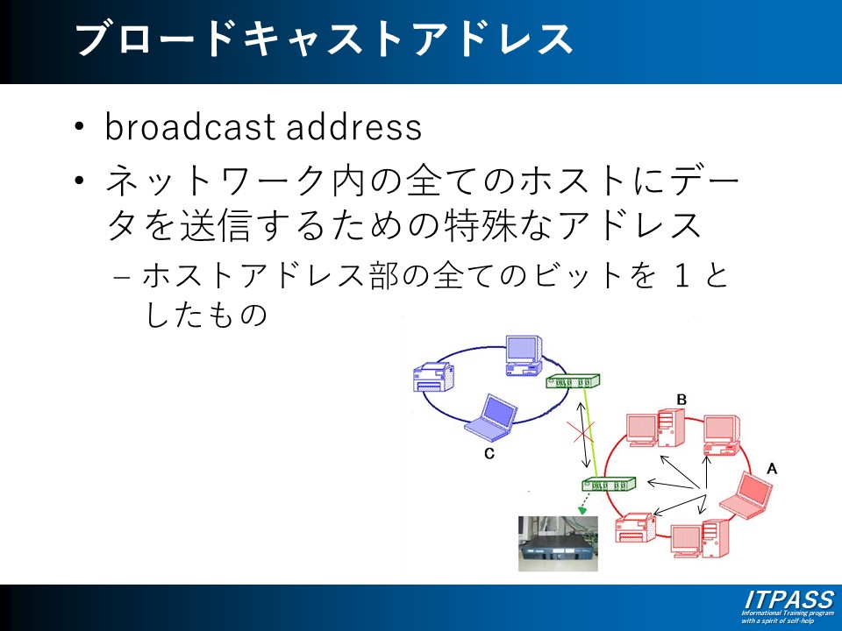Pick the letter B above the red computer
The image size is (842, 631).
point(681,400)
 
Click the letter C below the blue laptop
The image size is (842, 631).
point(489,454)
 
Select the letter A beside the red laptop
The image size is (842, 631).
point(772,469)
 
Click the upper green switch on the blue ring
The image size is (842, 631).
point(573,381)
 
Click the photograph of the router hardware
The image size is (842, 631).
point(558,543)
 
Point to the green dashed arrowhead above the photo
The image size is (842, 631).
point(581,509)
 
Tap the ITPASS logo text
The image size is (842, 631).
point(788,600)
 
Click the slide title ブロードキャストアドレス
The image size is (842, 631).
point(325,39)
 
